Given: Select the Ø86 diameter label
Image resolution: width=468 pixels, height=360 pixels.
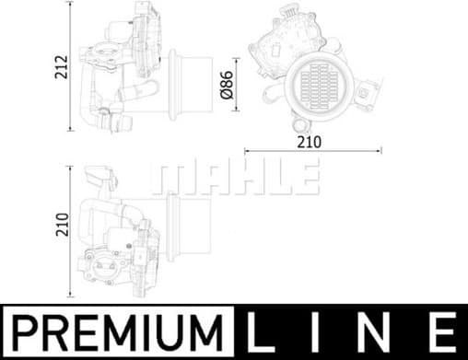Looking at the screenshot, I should (226, 86).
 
